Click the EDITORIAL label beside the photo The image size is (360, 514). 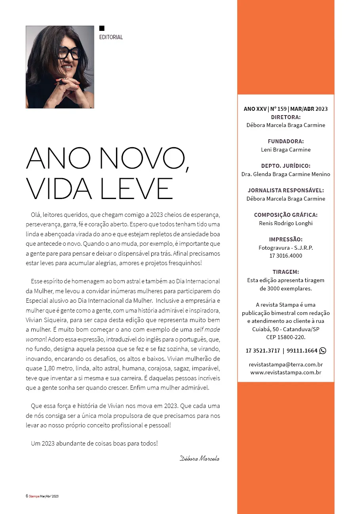pyautogui.click(x=111, y=37)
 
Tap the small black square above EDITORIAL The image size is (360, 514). pyautogui.click(x=102, y=28)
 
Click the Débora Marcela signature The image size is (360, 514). pyautogui.click(x=200, y=459)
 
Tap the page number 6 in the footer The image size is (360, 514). pyautogui.click(x=27, y=496)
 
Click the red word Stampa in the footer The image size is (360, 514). pyautogui.click(x=34, y=496)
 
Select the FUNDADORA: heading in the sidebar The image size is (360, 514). pyautogui.click(x=286, y=141)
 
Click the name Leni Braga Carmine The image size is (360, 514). pyautogui.click(x=286, y=150)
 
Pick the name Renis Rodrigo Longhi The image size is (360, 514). pyautogui.click(x=286, y=223)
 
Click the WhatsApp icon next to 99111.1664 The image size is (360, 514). pyautogui.click(x=322, y=351)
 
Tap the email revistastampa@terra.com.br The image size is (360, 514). pyautogui.click(x=286, y=364)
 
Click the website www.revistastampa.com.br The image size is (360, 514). pyautogui.click(x=286, y=372)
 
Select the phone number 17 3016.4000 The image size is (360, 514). pyautogui.click(x=286, y=256)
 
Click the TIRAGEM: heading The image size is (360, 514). pyautogui.click(x=286, y=272)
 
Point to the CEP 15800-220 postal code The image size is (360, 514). pyautogui.click(x=286, y=338)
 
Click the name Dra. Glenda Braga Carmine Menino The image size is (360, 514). pyautogui.click(x=286, y=174)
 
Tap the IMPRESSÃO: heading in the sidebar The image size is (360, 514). pyautogui.click(x=286, y=239)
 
